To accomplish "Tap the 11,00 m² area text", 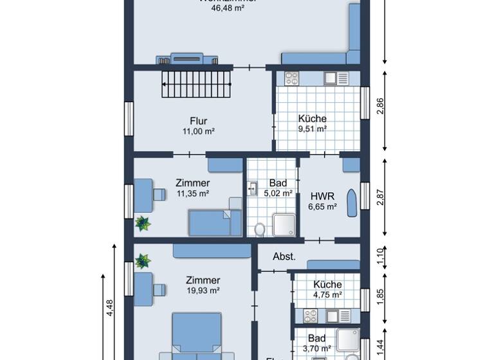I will click(198, 131).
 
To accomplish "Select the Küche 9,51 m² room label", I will click(312, 118).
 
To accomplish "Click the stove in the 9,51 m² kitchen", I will click(291, 78).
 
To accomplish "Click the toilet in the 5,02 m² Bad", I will click(260, 228).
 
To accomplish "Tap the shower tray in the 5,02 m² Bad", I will click(284, 224).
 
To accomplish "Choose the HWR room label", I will click(322, 196).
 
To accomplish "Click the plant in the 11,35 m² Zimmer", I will click(142, 223).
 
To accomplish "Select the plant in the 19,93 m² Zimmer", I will click(142, 261).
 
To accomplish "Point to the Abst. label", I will click(284, 256).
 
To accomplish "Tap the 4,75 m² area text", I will click(327, 295).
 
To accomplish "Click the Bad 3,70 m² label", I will click(316, 338).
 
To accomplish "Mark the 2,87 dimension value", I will click(380, 198).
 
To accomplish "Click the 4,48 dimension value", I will click(110, 309).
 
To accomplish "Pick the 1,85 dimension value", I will click(380, 296).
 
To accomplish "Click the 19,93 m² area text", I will click(203, 291).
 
